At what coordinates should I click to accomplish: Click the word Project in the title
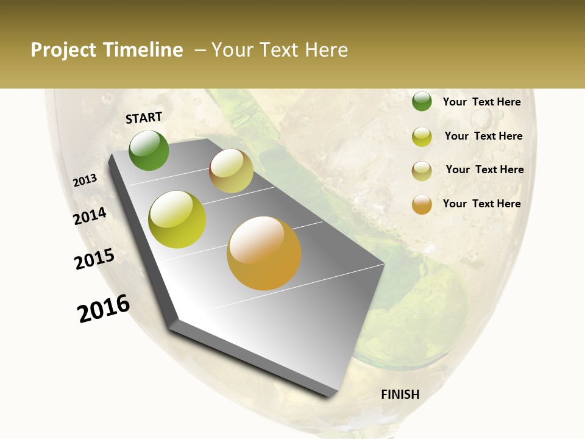[63, 50]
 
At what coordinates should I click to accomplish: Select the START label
[144, 118]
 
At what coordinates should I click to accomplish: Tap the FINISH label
[400, 394]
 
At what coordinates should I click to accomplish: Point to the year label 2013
[85, 180]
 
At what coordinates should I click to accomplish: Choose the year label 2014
[90, 216]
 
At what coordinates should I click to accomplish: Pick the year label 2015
[94, 259]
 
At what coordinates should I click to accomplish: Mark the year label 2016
[104, 308]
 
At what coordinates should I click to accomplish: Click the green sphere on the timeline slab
[149, 151]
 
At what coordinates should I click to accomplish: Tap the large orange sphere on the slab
[264, 253]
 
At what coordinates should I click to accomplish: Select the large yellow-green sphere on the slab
[177, 220]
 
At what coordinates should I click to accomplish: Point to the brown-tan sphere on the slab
[231, 171]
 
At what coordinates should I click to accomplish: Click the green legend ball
[422, 101]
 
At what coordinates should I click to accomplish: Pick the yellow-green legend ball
[422, 137]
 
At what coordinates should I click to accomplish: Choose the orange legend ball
[422, 204]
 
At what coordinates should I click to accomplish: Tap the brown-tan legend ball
[422, 171]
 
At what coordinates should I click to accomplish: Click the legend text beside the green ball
[482, 102]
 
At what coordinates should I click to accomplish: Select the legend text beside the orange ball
[482, 204]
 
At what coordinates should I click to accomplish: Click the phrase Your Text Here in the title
[280, 50]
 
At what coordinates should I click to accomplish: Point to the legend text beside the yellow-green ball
[483, 136]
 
